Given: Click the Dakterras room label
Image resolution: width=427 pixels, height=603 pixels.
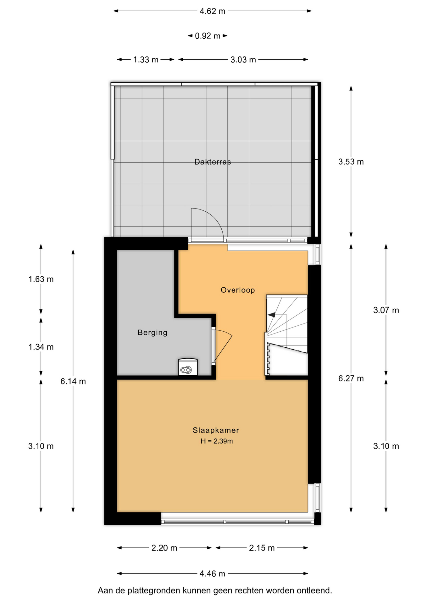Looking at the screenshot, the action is (x=213, y=162).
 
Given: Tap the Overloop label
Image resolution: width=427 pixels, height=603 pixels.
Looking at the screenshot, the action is (x=238, y=290).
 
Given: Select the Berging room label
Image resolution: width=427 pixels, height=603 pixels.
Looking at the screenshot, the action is (x=152, y=333).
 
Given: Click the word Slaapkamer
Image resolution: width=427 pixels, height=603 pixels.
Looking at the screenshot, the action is (x=216, y=430).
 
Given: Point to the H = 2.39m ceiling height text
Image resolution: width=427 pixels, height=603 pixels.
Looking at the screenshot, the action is (x=217, y=441).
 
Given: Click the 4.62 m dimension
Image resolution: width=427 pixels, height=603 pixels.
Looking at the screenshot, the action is (x=213, y=11).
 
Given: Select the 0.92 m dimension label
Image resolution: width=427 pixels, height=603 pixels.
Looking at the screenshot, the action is (x=208, y=36).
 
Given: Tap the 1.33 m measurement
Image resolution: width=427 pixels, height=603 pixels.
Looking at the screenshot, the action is (x=146, y=60).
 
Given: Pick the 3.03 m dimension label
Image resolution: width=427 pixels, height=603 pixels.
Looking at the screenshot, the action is (x=243, y=60).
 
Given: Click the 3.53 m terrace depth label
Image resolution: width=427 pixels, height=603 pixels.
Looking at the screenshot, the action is (x=351, y=162).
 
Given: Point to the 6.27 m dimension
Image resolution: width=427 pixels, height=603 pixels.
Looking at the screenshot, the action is (x=351, y=378).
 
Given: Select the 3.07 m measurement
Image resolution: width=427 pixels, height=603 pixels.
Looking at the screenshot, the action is (x=386, y=310).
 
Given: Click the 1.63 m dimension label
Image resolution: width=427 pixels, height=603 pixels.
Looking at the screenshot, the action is (x=41, y=279).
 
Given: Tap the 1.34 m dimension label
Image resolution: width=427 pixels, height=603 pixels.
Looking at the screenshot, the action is (x=41, y=347).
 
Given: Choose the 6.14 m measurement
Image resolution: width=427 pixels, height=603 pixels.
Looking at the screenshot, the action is (x=73, y=381).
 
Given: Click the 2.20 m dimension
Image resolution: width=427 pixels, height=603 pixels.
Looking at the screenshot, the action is (x=164, y=548).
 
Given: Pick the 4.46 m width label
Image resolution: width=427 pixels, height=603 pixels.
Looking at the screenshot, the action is (x=212, y=574).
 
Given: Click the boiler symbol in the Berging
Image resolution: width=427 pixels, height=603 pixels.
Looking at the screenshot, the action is (x=188, y=367).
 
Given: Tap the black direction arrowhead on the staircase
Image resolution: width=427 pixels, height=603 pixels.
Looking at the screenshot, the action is (x=271, y=315).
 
